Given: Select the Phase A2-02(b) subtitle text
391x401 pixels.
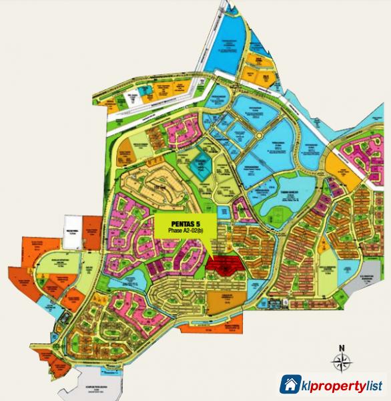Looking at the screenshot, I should pos(181,231).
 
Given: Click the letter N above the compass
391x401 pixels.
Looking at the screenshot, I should pos(340,348).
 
